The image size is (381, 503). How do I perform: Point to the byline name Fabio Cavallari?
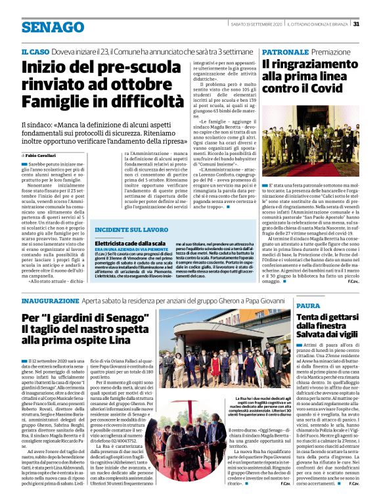45,154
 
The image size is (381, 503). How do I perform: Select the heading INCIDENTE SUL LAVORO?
131,230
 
